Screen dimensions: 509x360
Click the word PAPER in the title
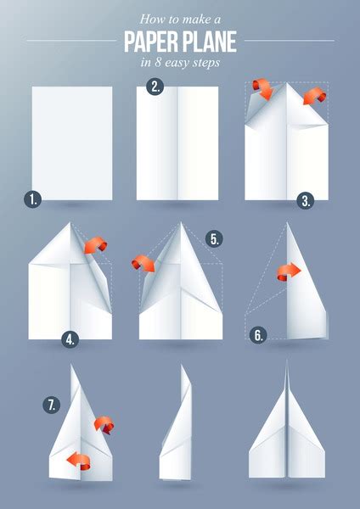pyautogui.click(x=149, y=40)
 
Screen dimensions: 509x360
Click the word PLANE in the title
pyautogui.click(x=207, y=40)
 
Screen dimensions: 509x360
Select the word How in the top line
pyautogui.click(x=148, y=17)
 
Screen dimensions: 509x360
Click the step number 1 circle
pyautogui.click(x=32, y=200)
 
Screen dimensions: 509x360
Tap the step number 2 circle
pyautogui.click(x=155, y=86)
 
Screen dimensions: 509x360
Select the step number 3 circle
pyautogui.click(x=307, y=200)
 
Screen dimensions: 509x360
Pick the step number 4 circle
pyautogui.click(x=70, y=339)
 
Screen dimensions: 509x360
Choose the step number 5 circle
pyautogui.click(x=215, y=239)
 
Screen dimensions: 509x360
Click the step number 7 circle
pyautogui.click(x=52, y=406)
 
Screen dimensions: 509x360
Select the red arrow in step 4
pyautogui.click(x=95, y=246)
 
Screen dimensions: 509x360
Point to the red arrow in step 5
pyautogui.click(x=143, y=263)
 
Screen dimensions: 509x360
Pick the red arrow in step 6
pyautogui.click(x=289, y=271)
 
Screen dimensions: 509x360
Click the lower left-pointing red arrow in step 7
pyautogui.click(x=78, y=461)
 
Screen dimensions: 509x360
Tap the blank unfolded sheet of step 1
pyautogui.click(x=72, y=143)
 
